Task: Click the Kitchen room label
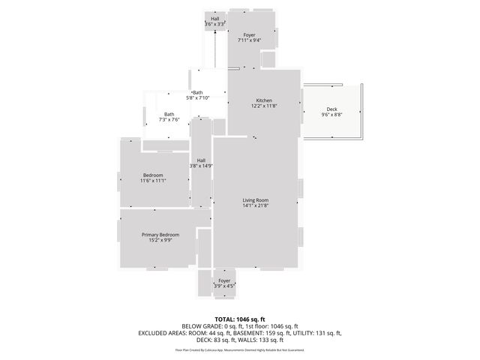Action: coord(264,100)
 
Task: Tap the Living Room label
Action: coord(255,199)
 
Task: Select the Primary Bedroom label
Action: coord(160,235)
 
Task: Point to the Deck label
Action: coord(331,109)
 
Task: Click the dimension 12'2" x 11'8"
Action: coord(264,106)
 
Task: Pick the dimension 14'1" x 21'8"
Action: coord(255,205)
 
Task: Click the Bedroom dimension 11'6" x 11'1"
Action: coord(153,181)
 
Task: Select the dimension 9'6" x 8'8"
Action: coord(331,115)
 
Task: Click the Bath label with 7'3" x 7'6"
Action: coord(169,114)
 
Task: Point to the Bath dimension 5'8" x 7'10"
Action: coord(197,98)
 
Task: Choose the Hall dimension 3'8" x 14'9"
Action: coord(201,166)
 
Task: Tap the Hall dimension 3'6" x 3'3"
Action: coord(214,25)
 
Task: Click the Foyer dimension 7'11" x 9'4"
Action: coord(249,40)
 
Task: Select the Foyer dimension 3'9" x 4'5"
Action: coord(224,286)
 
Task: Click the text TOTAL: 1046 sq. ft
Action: coord(239,319)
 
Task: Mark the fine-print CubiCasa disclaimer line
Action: coord(239,349)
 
